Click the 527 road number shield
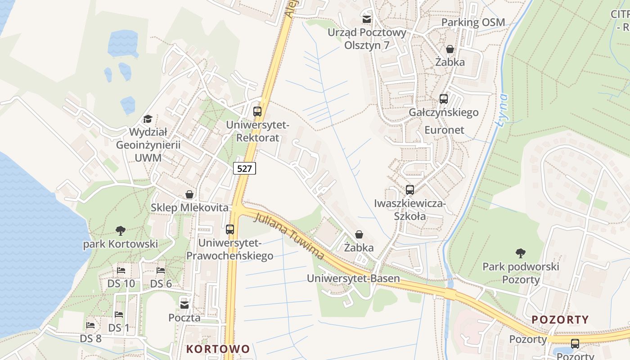(x=245, y=168)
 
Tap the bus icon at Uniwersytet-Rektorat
(x=257, y=111)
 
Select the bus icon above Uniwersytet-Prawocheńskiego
(x=230, y=229)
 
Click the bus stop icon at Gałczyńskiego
(x=444, y=99)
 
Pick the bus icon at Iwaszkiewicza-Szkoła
(x=409, y=189)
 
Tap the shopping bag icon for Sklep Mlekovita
(x=189, y=194)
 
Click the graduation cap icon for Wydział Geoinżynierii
(x=148, y=119)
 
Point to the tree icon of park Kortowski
(x=120, y=231)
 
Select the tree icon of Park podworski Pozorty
(x=521, y=253)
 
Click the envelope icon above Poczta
(x=184, y=305)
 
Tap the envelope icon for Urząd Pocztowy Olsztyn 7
(x=367, y=19)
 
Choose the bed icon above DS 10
(x=121, y=270)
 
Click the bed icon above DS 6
(x=161, y=270)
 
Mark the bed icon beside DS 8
(x=90, y=325)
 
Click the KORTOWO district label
(x=218, y=349)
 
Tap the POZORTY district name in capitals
(x=560, y=319)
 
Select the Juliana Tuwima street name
(x=289, y=236)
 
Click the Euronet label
(x=444, y=130)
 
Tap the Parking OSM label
(x=473, y=22)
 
